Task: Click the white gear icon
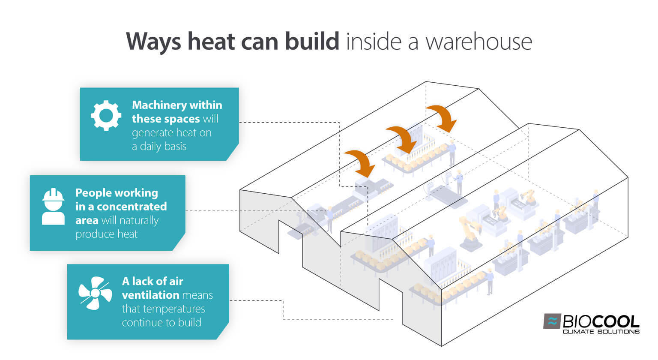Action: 106,115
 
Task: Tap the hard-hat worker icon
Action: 53,207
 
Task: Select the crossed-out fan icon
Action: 95,293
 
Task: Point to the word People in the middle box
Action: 95,193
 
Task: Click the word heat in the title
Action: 211,42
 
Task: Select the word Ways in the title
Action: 154,42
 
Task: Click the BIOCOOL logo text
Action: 601,321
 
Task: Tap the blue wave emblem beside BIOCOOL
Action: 552,321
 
